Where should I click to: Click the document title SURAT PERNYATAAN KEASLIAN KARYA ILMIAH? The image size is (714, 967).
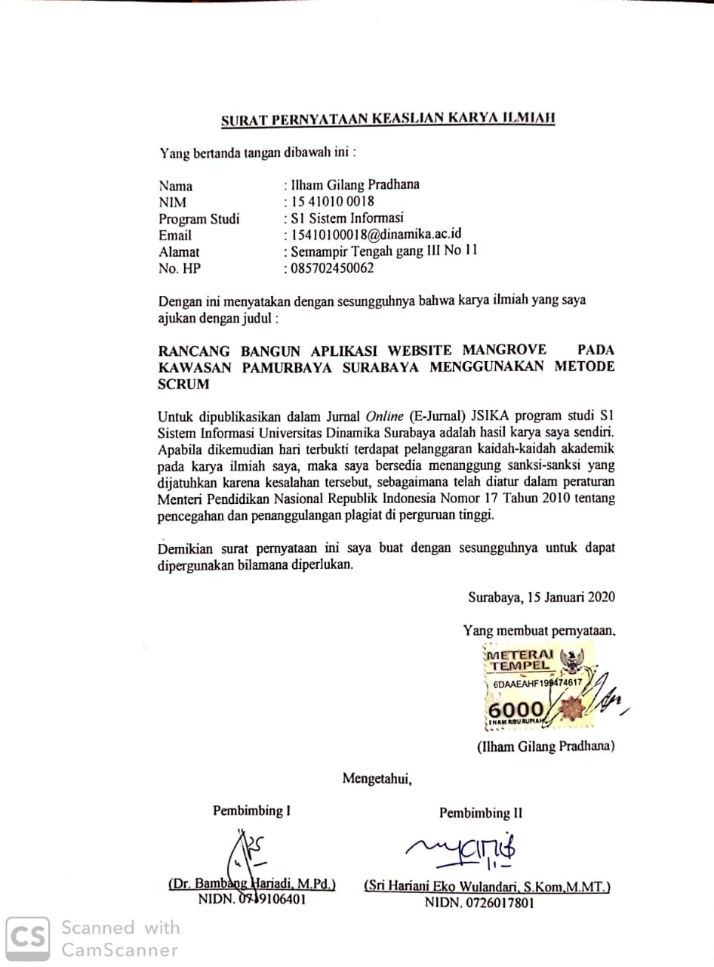pos(387,119)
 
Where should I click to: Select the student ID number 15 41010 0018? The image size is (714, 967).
pos(329,202)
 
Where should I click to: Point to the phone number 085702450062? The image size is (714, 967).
pos(329,267)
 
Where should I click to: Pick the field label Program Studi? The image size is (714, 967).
pos(199,219)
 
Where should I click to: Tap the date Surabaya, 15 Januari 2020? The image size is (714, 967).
pos(541,597)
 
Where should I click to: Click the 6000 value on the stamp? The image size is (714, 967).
pos(516,710)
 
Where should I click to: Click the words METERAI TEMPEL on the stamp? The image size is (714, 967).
pos(522,660)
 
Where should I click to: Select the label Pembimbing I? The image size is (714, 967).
pos(251,811)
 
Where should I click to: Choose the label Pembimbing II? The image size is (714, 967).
pos(481,813)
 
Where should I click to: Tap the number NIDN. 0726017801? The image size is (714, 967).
pos(479,902)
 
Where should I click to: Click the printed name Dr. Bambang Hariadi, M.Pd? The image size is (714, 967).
pos(252,884)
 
